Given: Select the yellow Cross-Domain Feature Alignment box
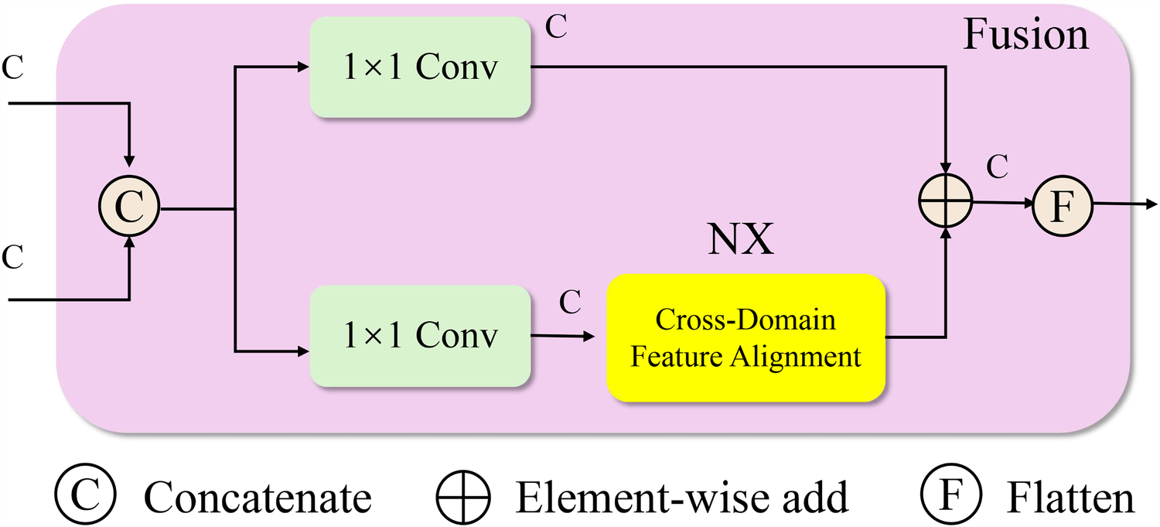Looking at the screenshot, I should pos(745,338).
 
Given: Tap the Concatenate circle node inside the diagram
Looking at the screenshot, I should pos(128,208).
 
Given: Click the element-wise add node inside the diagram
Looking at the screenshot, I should pos(944,201).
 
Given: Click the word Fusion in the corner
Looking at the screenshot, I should pos(1025,36).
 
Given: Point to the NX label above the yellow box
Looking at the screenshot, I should pos(741,241).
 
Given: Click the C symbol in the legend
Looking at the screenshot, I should pos(84,495).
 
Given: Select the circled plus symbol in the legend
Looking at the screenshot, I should pos(462,495).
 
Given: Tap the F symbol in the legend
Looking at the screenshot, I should pos(950,495).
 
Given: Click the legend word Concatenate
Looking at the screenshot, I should pos(258,497).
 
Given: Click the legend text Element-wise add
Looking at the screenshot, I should pos(682,497).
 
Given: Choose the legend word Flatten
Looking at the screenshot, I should pos(1070,497).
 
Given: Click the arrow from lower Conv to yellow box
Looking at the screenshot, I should pos(562,335).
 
